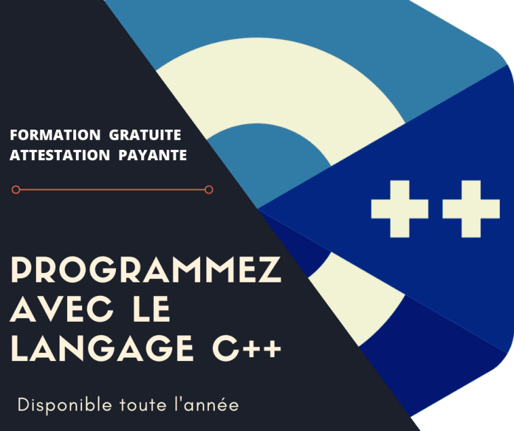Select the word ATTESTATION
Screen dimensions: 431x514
pyautogui.click(x=58, y=155)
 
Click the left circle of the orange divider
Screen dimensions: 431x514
pyautogui.click(x=16, y=190)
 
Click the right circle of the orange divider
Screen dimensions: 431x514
pyautogui.click(x=209, y=190)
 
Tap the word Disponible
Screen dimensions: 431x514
pyautogui.click(x=60, y=405)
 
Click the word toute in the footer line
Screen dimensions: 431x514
pyautogui.click(x=136, y=405)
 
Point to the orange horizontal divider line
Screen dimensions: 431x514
pyautogui.click(x=113, y=190)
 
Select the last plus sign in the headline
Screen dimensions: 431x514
pyautogui.click(x=271, y=350)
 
